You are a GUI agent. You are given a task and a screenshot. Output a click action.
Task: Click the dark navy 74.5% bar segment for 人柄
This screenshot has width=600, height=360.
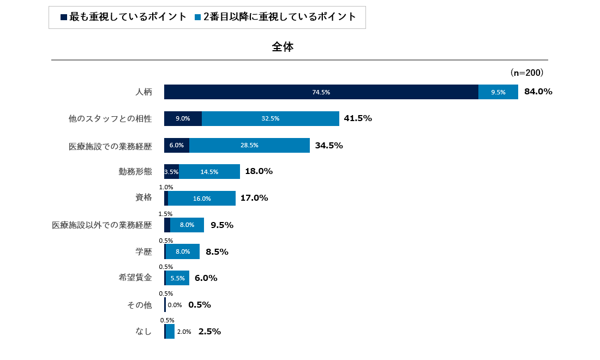click(x=321, y=92)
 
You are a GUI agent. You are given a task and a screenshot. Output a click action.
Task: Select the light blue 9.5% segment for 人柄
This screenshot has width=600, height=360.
click(x=498, y=92)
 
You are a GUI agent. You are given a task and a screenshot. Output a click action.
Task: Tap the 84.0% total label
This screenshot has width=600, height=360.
click(x=538, y=92)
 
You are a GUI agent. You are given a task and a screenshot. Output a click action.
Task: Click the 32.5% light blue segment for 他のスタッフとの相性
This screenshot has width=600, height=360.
click(x=271, y=118)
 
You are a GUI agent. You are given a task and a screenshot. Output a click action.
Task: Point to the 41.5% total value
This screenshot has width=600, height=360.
click(x=358, y=118)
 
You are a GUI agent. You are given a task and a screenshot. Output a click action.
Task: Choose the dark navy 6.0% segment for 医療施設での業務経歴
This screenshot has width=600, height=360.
click(x=177, y=145)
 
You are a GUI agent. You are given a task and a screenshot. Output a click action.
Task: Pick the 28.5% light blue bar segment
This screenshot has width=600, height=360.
click(x=249, y=145)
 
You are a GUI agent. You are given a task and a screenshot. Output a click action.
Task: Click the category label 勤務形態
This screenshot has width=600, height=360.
click(x=135, y=171)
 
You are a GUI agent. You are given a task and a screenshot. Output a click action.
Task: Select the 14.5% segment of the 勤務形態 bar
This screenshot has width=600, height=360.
click(x=209, y=172)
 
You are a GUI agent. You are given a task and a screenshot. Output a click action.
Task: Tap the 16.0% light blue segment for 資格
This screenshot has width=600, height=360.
click(x=202, y=199)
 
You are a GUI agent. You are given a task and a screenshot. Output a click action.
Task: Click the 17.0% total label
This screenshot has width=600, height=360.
click(x=254, y=198)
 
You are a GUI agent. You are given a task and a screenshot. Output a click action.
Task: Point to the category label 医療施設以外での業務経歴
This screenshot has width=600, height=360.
click(x=102, y=225)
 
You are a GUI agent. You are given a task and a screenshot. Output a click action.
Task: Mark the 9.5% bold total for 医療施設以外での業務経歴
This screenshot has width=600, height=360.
click(x=222, y=225)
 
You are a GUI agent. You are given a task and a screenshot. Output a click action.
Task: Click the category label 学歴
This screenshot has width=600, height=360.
click(x=143, y=251)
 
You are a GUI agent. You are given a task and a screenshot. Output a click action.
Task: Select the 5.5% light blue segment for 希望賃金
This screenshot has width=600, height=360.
click(x=178, y=278)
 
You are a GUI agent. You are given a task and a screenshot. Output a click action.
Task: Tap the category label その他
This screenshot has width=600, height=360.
click(x=140, y=305)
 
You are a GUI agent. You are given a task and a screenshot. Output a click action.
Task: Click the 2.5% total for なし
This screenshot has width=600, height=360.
click(x=209, y=332)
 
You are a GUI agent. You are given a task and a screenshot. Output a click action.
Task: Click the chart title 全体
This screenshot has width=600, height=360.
click(x=283, y=47)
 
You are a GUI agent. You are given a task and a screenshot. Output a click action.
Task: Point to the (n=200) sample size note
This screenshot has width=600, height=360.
click(x=527, y=73)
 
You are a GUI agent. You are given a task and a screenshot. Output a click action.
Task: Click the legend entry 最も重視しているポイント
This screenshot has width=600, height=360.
click(x=124, y=17)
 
